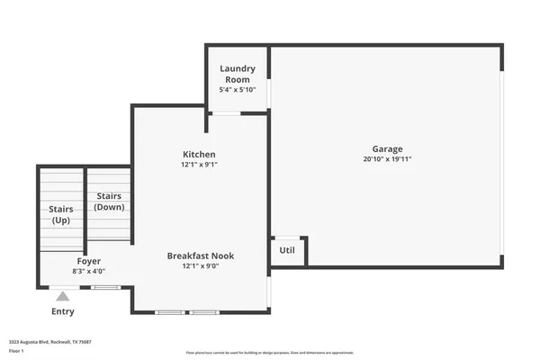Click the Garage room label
click(x=387, y=149)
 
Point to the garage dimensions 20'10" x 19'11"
click(x=387, y=159)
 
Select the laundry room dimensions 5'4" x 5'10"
click(x=238, y=90)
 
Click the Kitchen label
click(x=199, y=155)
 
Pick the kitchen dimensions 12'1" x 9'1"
click(x=199, y=165)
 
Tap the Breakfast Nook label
click(x=200, y=256)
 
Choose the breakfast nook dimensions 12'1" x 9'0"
click(x=200, y=265)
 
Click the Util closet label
click(x=287, y=250)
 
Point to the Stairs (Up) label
click(x=59, y=215)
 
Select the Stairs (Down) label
click(x=109, y=202)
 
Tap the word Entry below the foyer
click(x=62, y=311)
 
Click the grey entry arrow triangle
click(x=62, y=294)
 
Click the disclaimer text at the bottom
click(x=270, y=352)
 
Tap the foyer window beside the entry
click(x=105, y=287)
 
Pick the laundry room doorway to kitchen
click(x=225, y=113)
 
